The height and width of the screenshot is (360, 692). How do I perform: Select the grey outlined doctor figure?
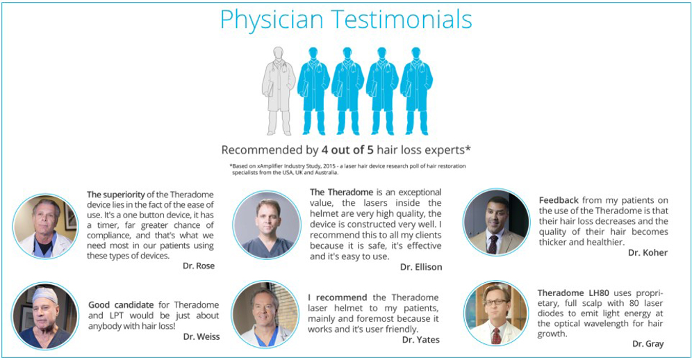pyautogui.click(x=279, y=91)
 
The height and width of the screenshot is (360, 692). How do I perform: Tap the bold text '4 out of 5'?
pyautogui.click(x=347, y=150)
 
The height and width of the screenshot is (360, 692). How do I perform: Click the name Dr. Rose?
pyautogui.click(x=199, y=266)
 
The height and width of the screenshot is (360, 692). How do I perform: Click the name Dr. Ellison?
pyautogui.click(x=421, y=267)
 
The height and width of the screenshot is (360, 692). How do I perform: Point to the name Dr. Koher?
pyautogui.click(x=648, y=253)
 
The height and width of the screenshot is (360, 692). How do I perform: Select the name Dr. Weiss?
pyautogui.click(x=201, y=336)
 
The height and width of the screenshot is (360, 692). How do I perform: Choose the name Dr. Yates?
pyautogui.click(x=421, y=339)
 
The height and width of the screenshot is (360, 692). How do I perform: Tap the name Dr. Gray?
pyautogui.click(x=648, y=343)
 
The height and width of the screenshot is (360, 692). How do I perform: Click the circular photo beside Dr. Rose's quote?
pyautogui.click(x=45, y=226)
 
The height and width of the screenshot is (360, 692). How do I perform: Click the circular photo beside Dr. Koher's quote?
pyautogui.click(x=497, y=222)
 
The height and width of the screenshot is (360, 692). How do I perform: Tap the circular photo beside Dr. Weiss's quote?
pyautogui.click(x=45, y=316)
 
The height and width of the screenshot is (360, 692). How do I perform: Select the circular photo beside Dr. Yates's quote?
pyautogui.click(x=265, y=314)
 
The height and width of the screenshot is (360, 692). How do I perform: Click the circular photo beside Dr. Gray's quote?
pyautogui.click(x=497, y=313)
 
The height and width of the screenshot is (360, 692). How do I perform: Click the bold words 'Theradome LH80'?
pyautogui.click(x=573, y=293)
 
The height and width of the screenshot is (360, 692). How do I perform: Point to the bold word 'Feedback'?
pyautogui.click(x=559, y=200)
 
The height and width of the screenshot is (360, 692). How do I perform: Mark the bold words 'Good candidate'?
pyautogui.click(x=121, y=305)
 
